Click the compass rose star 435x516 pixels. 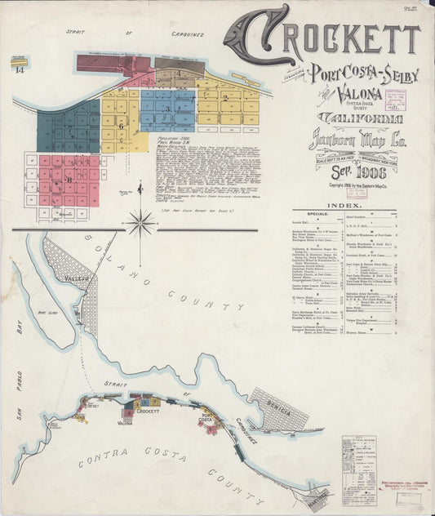[140, 221]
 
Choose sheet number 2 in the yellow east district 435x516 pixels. [223, 99]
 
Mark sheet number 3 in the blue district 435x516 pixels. [166, 109]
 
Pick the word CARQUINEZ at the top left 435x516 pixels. [183, 34]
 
